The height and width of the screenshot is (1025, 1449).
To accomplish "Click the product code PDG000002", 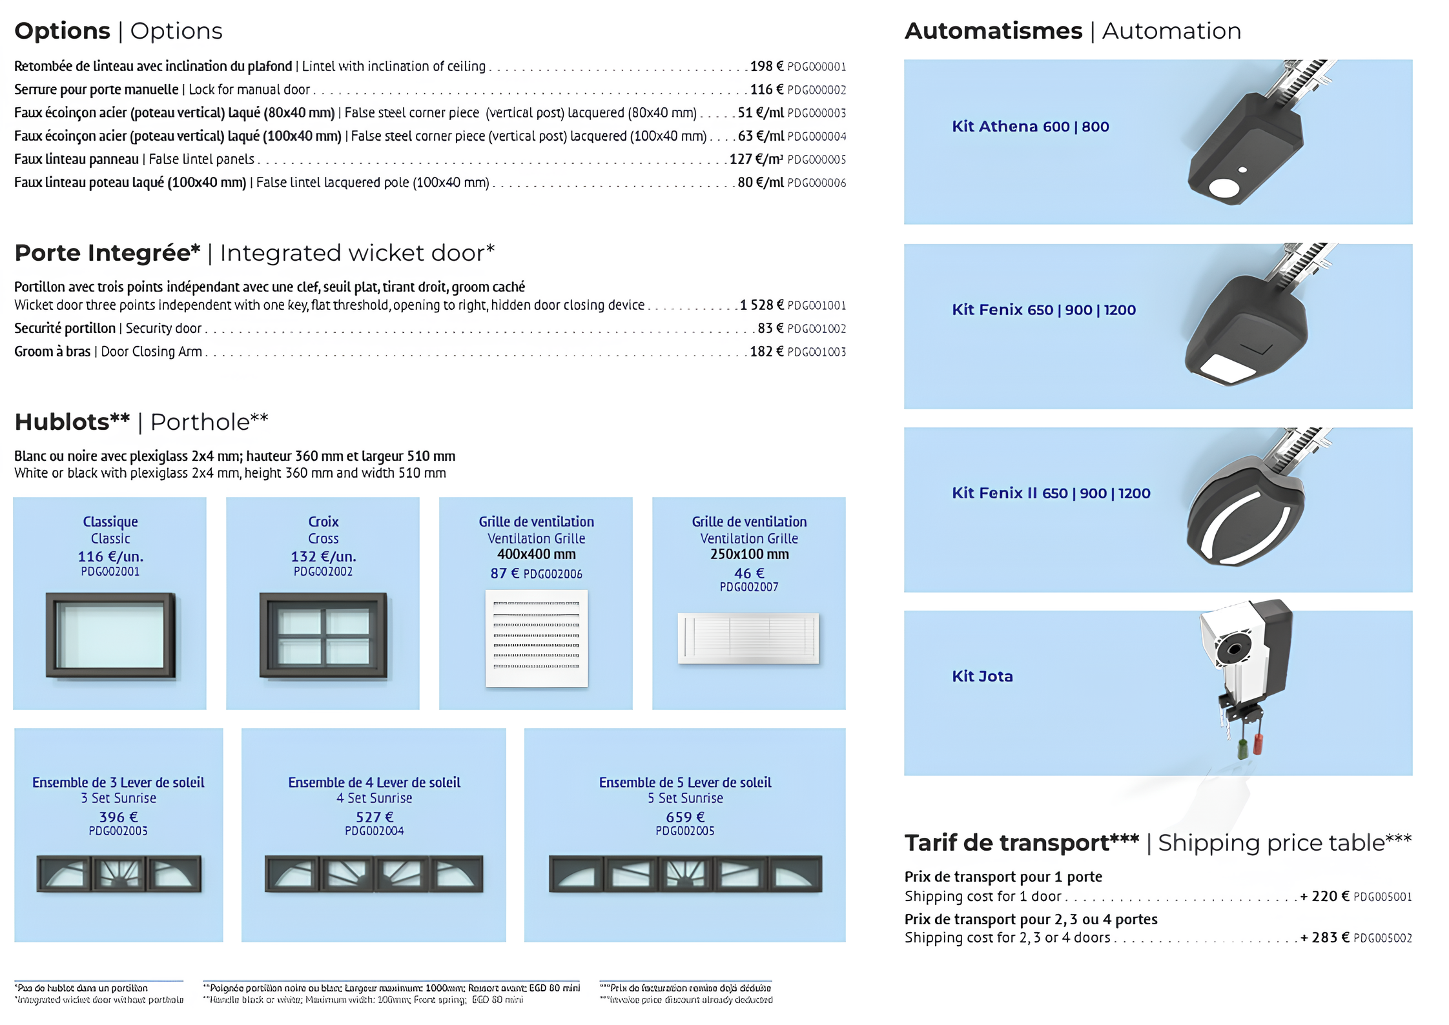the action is [816, 90].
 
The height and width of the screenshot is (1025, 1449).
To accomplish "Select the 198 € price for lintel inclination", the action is [766, 66].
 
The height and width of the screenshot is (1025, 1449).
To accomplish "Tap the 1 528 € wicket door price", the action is [762, 305].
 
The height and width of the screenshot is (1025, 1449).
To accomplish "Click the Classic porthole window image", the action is [110, 635].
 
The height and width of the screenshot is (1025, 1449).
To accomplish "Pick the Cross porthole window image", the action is [323, 635].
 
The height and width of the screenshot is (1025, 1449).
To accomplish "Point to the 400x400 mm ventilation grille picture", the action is [537, 638].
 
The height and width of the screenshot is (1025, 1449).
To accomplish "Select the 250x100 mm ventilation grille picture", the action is [748, 638].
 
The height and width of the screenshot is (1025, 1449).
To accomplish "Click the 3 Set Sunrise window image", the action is [119, 873].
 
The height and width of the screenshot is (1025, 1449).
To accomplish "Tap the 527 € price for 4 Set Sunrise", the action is [375, 817].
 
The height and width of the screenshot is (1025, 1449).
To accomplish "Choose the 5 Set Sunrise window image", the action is [685, 873].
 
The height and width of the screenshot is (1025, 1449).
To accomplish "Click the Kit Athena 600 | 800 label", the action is [1030, 127].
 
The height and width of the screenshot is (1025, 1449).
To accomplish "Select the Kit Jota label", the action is [982, 676].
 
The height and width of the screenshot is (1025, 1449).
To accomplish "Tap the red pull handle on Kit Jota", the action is [1257, 743].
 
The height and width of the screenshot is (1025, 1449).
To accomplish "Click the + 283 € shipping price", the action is [1324, 937].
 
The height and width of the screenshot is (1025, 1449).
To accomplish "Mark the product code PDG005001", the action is [1382, 897].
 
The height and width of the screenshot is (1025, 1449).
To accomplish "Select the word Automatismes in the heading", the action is [993, 30].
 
